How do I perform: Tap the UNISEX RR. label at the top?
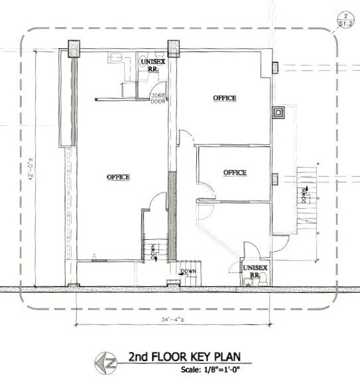tap(150, 64)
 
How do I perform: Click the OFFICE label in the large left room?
tap(118, 177)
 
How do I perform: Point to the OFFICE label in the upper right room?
tap(224, 98)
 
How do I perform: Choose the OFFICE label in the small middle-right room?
tap(235, 172)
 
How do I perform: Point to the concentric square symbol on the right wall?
tap(279, 112)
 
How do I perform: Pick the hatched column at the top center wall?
tap(174, 48)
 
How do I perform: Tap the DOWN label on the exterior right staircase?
tap(303, 193)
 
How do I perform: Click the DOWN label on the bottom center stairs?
tap(189, 272)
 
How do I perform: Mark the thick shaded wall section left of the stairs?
tap(172, 215)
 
